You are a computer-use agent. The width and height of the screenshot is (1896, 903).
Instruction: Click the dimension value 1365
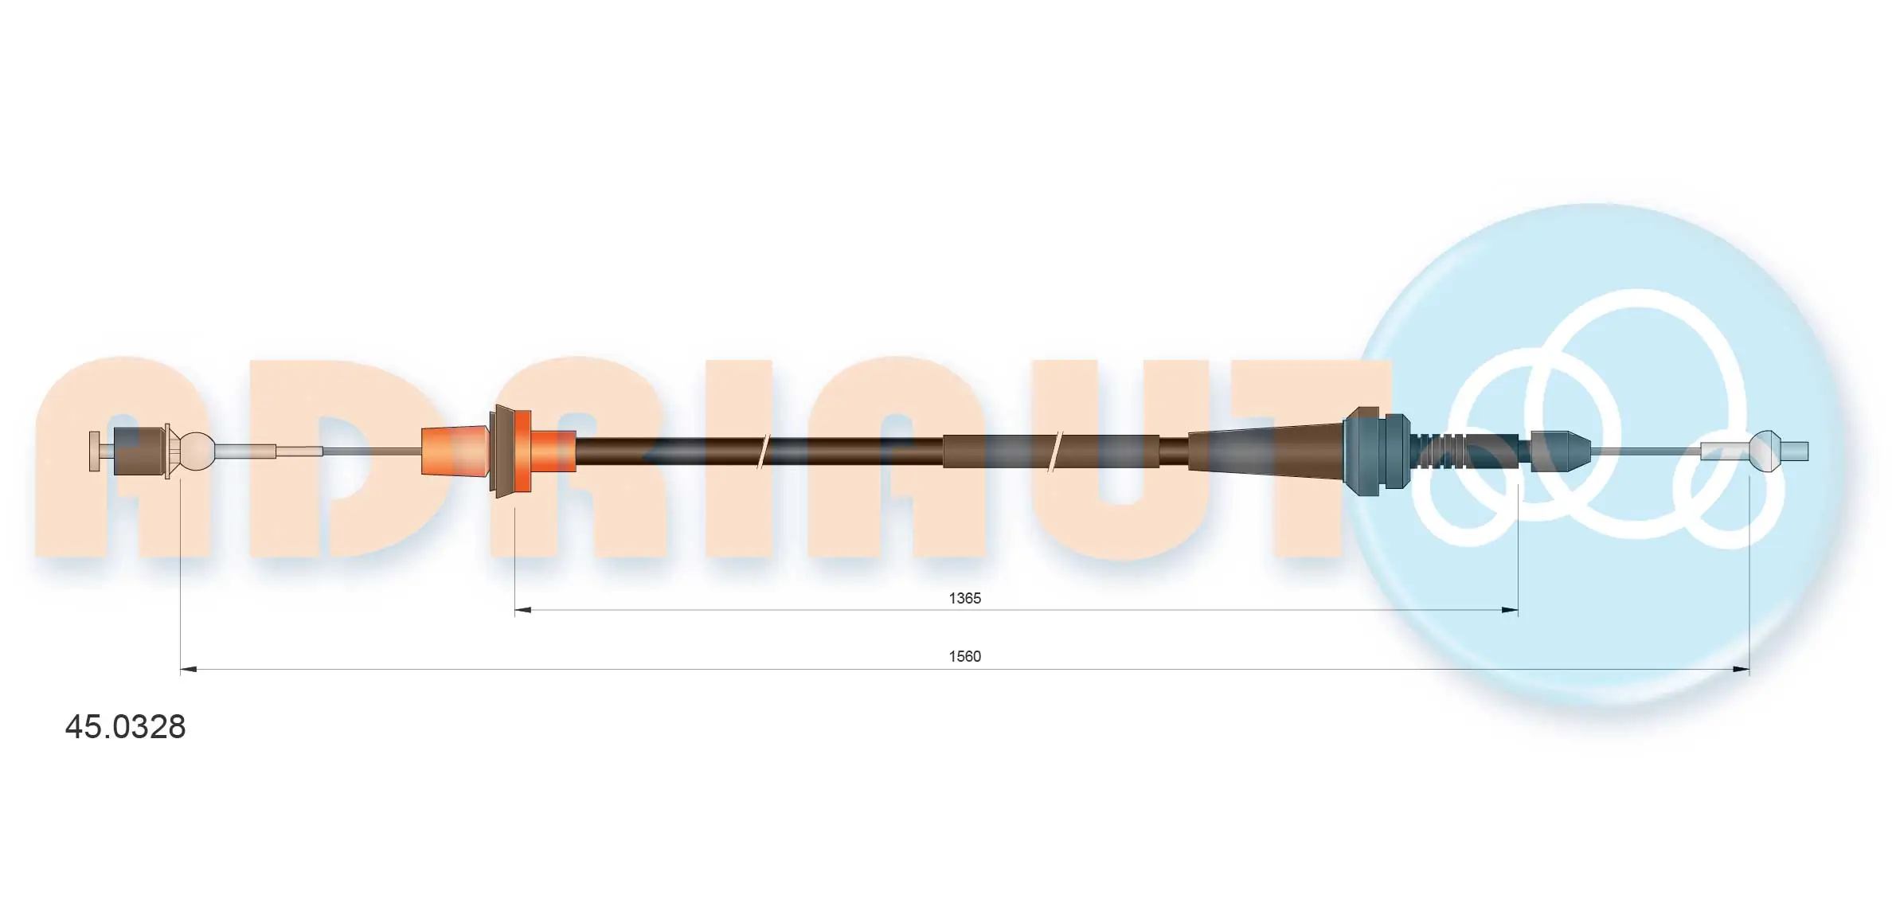pos(964,598)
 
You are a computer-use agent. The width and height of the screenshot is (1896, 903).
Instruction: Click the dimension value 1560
pos(964,656)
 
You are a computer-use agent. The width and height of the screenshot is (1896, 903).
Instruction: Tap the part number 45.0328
pos(125,727)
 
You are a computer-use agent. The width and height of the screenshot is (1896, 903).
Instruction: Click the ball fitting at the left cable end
pos(197,451)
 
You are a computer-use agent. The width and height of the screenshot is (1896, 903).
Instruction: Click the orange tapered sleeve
pos(454,451)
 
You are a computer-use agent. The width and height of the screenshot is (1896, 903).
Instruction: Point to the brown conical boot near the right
pos(1266,451)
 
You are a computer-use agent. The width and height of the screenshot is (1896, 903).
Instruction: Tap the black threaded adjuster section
pos(1465,451)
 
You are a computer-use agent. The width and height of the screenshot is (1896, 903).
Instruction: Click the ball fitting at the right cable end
pos(1765,451)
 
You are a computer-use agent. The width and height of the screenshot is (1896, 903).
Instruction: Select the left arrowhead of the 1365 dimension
pos(522,611)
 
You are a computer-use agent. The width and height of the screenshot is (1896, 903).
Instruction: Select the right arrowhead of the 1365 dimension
pos(1510,611)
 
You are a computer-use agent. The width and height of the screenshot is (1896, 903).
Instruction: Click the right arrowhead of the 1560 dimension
pos(1742,670)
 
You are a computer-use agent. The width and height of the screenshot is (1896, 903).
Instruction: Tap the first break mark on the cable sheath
pos(763,451)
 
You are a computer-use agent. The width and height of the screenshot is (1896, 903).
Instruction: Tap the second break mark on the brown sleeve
pos(1057,451)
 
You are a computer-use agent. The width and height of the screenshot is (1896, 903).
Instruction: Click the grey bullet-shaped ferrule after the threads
pos(1559,451)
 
